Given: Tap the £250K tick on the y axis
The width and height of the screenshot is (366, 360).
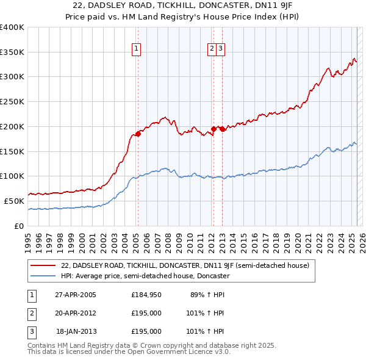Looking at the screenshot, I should click(x=12, y=101).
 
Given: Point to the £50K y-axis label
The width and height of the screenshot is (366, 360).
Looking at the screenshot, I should click(x=13, y=201).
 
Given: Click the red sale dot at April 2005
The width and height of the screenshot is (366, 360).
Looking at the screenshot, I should click(x=138, y=134).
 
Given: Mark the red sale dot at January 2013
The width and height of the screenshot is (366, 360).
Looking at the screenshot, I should click(x=223, y=129).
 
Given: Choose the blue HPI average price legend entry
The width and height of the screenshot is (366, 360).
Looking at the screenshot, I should click(x=145, y=276).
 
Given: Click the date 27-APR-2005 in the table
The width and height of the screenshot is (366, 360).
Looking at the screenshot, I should click(x=76, y=294).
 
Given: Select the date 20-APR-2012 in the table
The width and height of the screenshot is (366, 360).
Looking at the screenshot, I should click(x=76, y=313).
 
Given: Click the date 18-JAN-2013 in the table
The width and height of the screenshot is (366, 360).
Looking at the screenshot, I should click(x=76, y=331).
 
